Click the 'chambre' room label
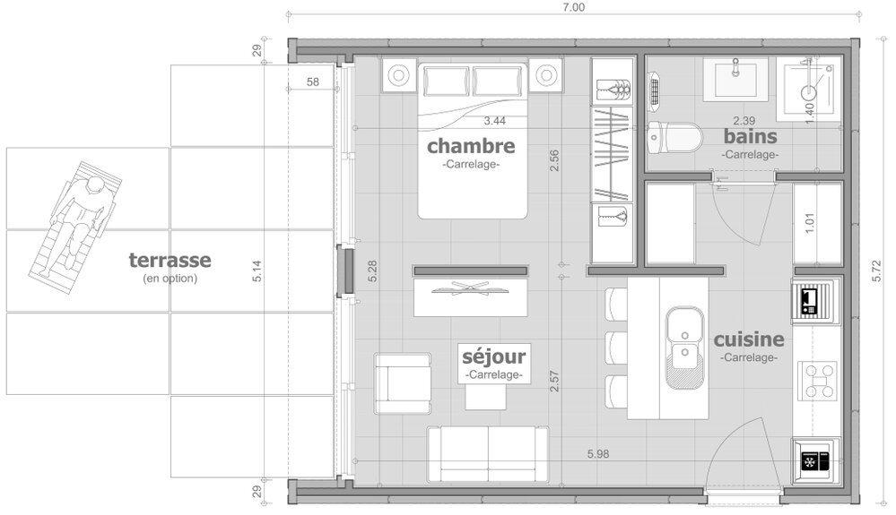tap(471, 146)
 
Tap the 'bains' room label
tap(750, 136)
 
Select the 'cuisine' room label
tap(749, 339)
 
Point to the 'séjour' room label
tap(493, 357)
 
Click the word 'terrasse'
tap(170, 260)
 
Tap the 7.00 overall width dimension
tap(574, 7)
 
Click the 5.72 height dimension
tap(877, 267)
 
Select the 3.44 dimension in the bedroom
tap(495, 120)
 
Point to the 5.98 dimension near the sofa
tap(598, 454)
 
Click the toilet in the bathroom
tap(674, 137)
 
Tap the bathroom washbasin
tap(735, 78)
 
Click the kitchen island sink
tap(684, 347)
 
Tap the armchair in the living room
tap(403, 383)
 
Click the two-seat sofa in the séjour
tap(488, 454)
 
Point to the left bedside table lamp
tap(398, 74)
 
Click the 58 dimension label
tap(313, 82)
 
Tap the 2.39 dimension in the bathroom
tap(744, 120)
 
